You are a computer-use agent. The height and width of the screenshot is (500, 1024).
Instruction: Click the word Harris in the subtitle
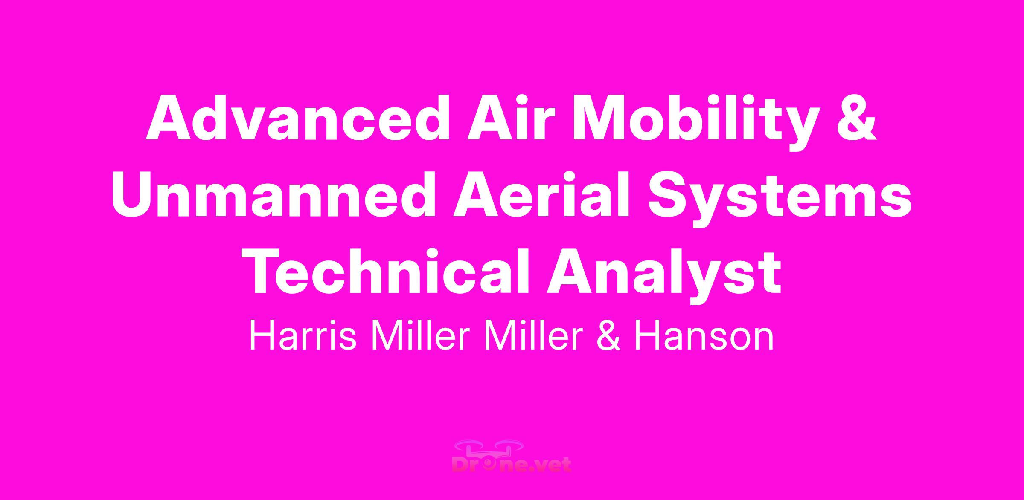[303, 337]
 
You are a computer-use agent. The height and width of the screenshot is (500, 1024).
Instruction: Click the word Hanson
[704, 337]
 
